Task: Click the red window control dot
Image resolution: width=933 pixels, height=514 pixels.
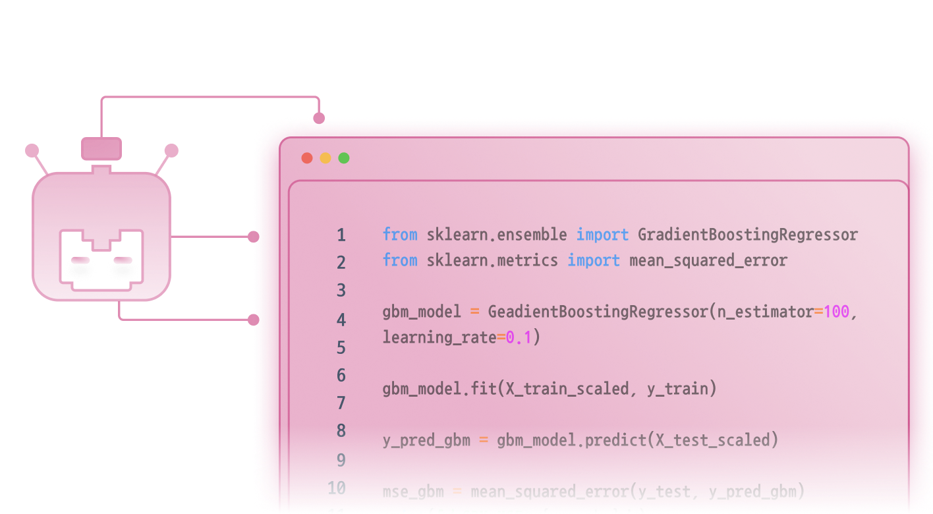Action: (307, 158)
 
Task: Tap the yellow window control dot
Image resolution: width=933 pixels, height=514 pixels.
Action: (325, 158)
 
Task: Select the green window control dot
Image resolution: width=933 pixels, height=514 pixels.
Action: (344, 158)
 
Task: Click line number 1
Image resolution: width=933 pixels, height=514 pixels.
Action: (341, 235)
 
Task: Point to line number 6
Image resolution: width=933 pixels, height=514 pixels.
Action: (341, 376)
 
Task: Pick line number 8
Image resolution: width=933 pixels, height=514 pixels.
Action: (341, 431)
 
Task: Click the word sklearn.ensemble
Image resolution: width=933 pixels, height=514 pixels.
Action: (496, 235)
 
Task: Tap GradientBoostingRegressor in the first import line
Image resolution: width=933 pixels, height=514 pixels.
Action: (747, 235)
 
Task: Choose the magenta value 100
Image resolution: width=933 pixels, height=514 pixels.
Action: (836, 312)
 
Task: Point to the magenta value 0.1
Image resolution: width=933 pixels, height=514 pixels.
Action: (519, 337)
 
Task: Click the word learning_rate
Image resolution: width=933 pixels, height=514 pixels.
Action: (439, 337)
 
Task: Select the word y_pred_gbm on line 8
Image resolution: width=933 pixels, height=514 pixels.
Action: (426, 440)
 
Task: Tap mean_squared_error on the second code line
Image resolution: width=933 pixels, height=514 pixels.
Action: (708, 260)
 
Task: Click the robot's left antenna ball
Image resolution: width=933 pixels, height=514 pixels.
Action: (32, 151)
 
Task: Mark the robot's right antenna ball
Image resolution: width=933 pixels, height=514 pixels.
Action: (171, 151)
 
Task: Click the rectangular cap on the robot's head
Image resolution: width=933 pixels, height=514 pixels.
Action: (101, 148)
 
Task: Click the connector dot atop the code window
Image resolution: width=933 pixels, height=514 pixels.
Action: (319, 119)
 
